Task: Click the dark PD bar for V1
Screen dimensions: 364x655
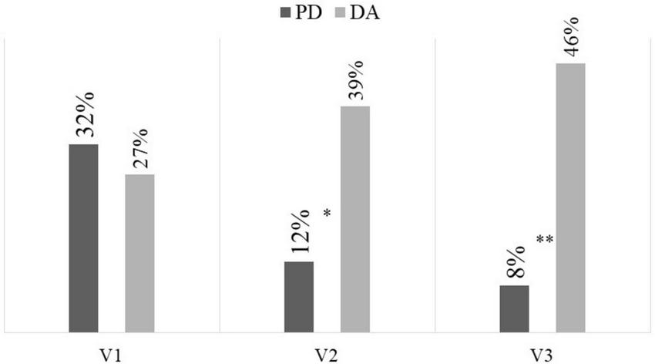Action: [83, 238]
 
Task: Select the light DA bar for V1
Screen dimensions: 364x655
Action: [139, 252]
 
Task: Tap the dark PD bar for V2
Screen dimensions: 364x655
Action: [299, 296]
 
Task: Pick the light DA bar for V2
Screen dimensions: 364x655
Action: [355, 218]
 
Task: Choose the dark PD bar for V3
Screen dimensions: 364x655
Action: [514, 308]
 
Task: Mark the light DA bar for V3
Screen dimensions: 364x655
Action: [570, 197]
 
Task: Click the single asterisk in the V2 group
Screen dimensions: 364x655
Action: [327, 212]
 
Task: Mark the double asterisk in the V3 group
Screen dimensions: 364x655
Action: [545, 240]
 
